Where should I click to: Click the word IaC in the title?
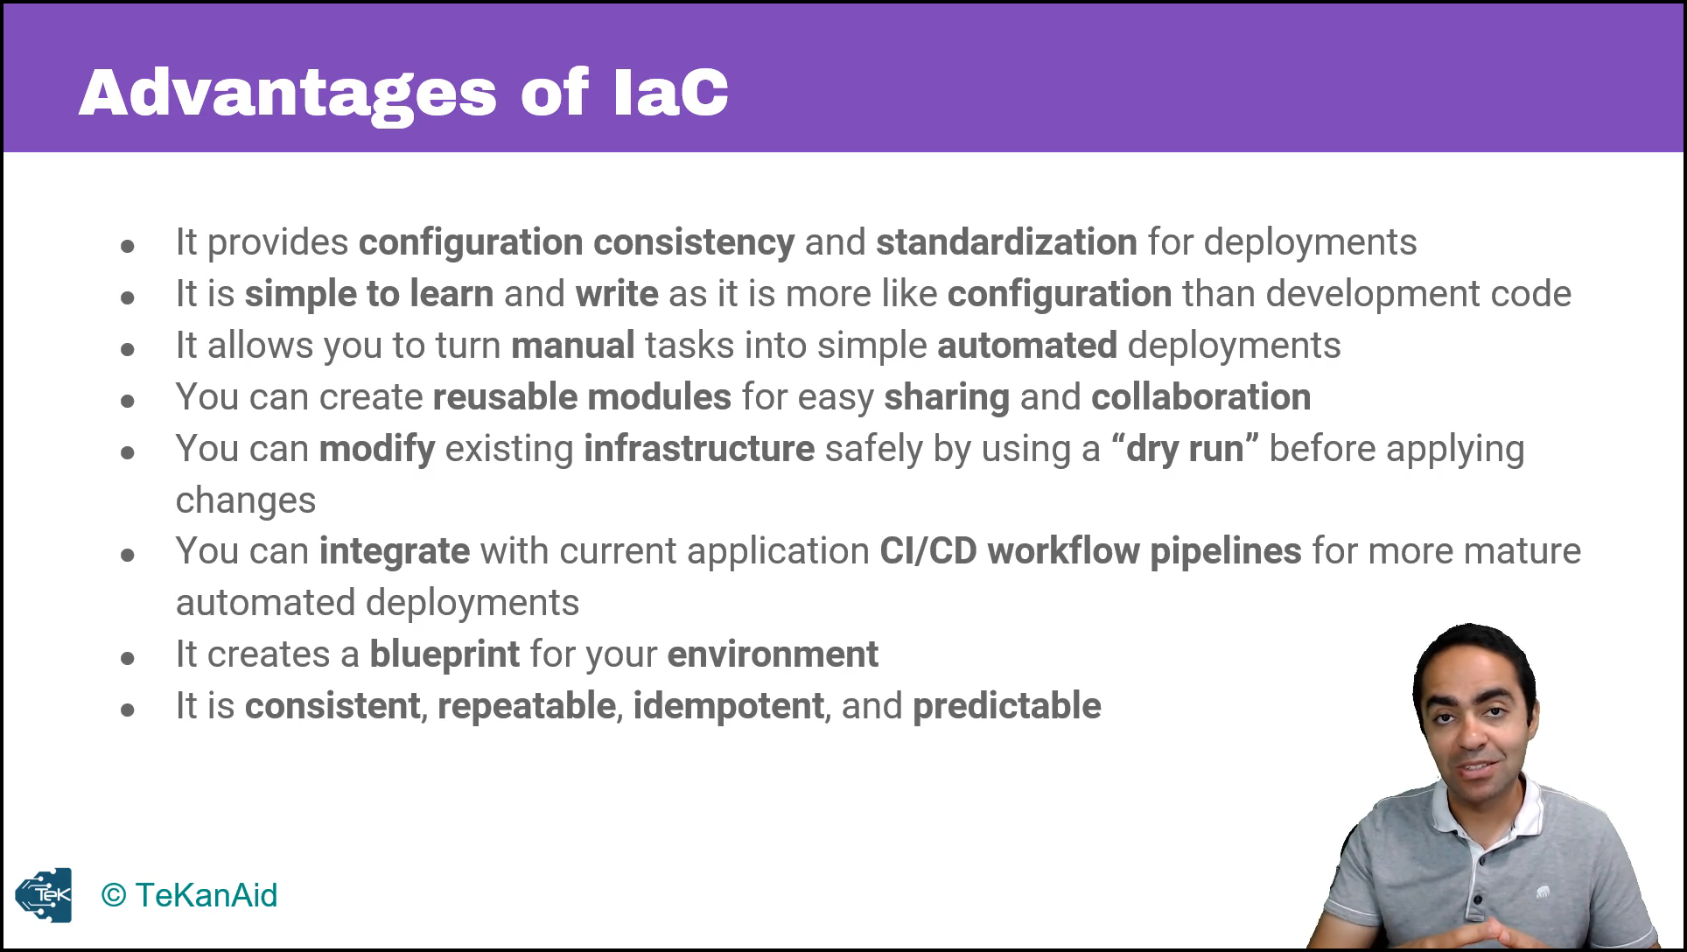pos(671,91)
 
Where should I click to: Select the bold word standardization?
pos(1006,242)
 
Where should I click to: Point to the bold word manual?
pos(572,345)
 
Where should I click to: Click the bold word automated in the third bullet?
pos(1026,345)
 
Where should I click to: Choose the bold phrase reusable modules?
pos(582,396)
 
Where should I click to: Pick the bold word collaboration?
pos(1200,396)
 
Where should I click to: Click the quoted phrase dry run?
pos(1185,448)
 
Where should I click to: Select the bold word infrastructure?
pos(699,448)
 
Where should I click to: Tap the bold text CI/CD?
pos(927,551)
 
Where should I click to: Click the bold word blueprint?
pos(444,654)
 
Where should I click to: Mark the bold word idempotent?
pos(728,706)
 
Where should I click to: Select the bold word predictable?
pos(1006,706)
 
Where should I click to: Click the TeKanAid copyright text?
pos(189,895)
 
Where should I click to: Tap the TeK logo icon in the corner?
pos(43,895)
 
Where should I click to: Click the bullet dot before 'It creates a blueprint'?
pos(128,658)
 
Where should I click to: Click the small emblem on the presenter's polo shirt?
pos(1543,892)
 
